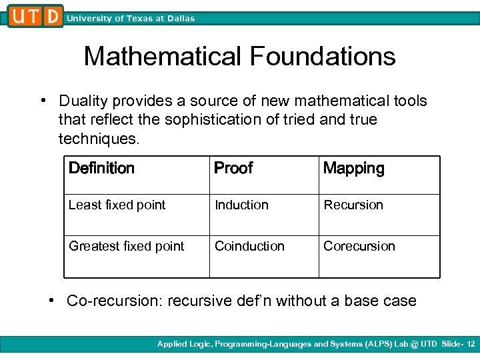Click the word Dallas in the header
coord(180,19)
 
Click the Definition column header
coord(101,169)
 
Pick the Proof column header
coord(233,169)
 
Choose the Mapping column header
coord(353,169)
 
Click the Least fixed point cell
coord(117,205)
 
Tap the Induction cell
coord(241,205)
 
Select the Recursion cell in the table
coord(353,205)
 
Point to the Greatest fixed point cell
coord(127,246)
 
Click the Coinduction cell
coord(249,246)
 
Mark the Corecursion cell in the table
coord(359,246)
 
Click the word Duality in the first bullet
coord(82,101)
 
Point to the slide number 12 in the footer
coord(471,344)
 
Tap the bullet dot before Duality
coord(42,101)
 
